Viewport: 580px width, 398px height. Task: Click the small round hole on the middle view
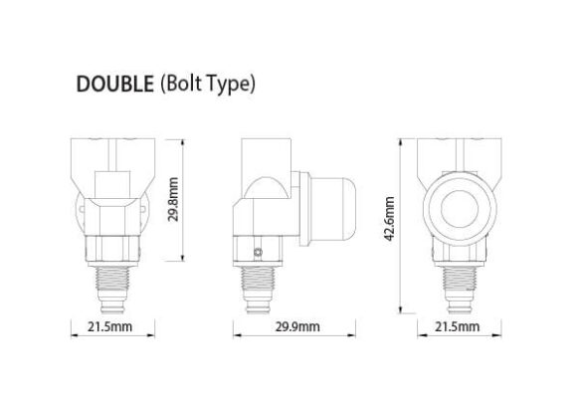[x=260, y=251]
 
